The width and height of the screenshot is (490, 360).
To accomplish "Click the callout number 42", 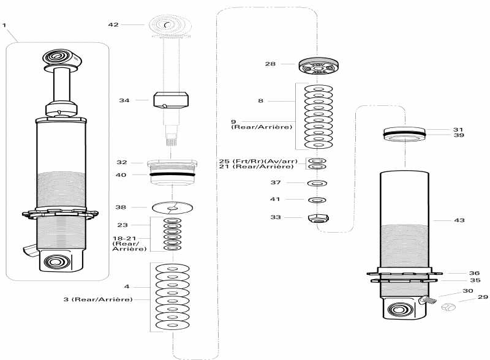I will click(x=113, y=24).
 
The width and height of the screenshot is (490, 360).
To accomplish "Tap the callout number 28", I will click(x=270, y=63).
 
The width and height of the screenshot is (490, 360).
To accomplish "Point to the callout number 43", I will click(x=459, y=220).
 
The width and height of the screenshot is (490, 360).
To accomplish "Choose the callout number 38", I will click(x=122, y=207).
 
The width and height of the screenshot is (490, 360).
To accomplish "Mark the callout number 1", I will click(x=5, y=25).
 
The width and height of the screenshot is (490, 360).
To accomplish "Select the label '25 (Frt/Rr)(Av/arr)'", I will click(x=258, y=161).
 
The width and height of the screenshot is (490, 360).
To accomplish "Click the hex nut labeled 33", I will click(x=317, y=218).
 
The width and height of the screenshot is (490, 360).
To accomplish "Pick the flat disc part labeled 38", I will click(x=171, y=208).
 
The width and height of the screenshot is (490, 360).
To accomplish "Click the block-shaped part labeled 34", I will click(x=170, y=99).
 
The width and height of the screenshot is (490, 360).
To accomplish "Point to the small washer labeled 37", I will click(x=317, y=183).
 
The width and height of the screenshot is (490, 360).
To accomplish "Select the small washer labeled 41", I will click(x=317, y=200).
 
